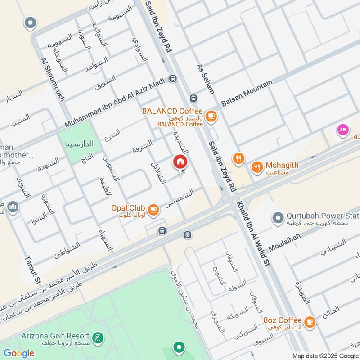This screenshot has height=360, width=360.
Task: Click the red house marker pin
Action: pyautogui.click(x=180, y=162)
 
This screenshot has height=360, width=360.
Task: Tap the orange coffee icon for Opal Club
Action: pyautogui.click(x=154, y=209)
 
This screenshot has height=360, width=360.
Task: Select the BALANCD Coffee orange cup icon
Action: pyautogui.click(x=211, y=117)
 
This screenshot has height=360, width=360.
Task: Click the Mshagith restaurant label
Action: pyautogui.click(x=281, y=166)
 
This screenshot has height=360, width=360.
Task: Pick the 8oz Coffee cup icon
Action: pyautogui.click(x=309, y=321)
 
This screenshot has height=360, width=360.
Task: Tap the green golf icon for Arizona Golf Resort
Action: pyautogui.click(x=97, y=337)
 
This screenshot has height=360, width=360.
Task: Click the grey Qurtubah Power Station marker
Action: pyautogui.click(x=277, y=218)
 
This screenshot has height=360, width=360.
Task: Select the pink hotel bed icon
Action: pyautogui.click(x=343, y=130)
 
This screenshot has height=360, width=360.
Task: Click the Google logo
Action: pyautogui.click(x=19, y=353)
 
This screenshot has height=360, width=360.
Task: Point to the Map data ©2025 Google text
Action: pyautogui.click(x=324, y=355)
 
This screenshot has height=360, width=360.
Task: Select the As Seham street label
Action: pyautogui.click(x=205, y=79)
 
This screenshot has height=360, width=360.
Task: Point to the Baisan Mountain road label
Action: pyautogui.click(x=247, y=94)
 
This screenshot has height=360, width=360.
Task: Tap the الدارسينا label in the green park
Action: pyautogui.click(x=79, y=144)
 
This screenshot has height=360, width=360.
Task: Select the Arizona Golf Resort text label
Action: pyautogui.click(x=54, y=336)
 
